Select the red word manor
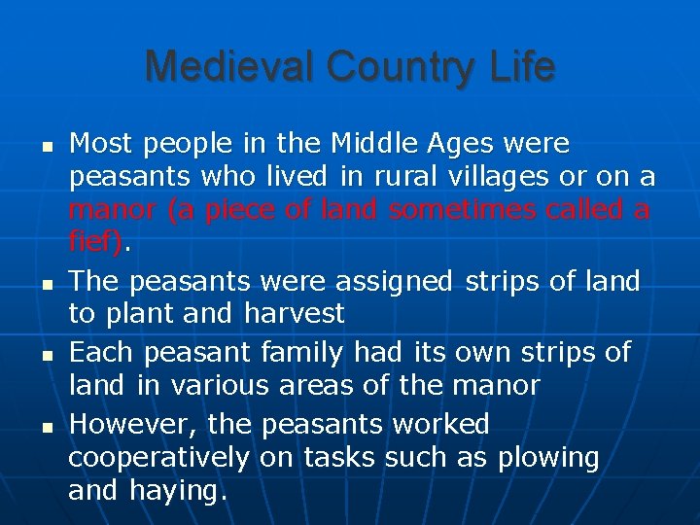coord(111,209)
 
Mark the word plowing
coord(548,457)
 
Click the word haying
coord(179,490)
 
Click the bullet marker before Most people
coord(46,146)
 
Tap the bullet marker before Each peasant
coord(46,353)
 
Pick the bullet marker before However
coord(46,426)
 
